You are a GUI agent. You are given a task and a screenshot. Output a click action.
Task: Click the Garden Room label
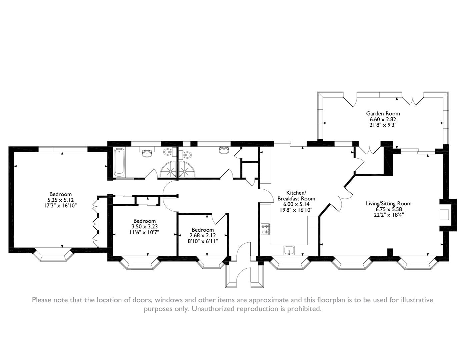[383, 114]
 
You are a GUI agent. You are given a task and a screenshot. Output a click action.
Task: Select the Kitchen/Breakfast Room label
[296, 196]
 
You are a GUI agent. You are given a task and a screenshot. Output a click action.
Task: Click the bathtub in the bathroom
[119, 162]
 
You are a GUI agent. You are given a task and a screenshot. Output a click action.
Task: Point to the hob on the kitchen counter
[266, 229]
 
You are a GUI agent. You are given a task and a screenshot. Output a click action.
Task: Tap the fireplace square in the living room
[444, 215]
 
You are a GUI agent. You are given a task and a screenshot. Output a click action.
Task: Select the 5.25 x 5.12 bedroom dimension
[61, 200]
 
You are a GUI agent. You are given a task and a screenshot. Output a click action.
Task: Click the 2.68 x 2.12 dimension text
[203, 235]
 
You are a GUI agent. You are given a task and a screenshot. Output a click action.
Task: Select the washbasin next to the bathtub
[147, 153]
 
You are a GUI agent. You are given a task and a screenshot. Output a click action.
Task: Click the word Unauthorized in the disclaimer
[213, 309]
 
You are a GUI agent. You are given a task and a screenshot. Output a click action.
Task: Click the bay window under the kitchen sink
[290, 263]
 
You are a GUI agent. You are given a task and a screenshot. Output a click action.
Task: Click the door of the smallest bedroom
[218, 218]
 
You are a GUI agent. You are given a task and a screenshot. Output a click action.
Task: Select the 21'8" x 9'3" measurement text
[383, 125]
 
